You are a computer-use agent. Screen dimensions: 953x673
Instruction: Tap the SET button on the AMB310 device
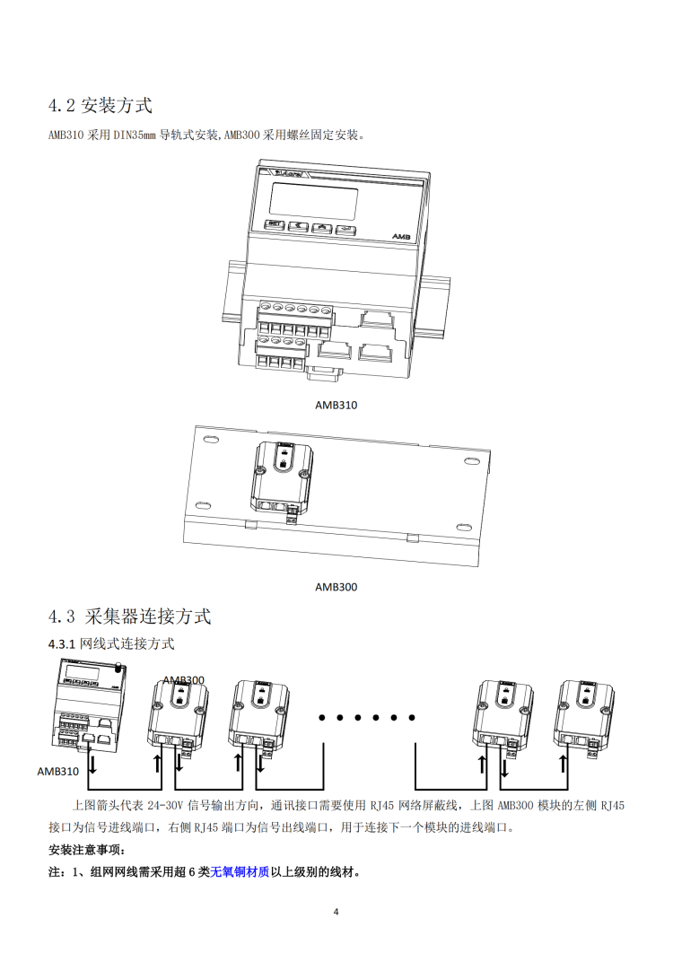coord(277,228)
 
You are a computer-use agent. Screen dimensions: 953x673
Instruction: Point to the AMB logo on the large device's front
coord(400,235)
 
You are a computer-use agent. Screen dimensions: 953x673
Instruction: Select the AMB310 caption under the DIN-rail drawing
coord(336,405)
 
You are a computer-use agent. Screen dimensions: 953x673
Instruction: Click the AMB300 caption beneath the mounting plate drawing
coord(336,587)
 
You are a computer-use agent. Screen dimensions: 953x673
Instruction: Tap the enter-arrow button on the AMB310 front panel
coord(345,229)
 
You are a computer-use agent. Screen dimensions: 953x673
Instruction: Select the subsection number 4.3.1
coord(63,643)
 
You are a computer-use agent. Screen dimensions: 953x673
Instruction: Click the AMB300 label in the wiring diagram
coord(183,680)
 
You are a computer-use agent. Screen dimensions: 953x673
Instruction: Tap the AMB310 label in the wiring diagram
coord(58,771)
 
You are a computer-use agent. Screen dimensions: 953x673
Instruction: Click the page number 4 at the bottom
coord(336,913)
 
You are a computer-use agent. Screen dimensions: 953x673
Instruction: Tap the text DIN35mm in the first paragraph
coord(133,136)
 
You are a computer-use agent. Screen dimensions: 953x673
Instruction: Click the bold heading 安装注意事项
coord(86,850)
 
